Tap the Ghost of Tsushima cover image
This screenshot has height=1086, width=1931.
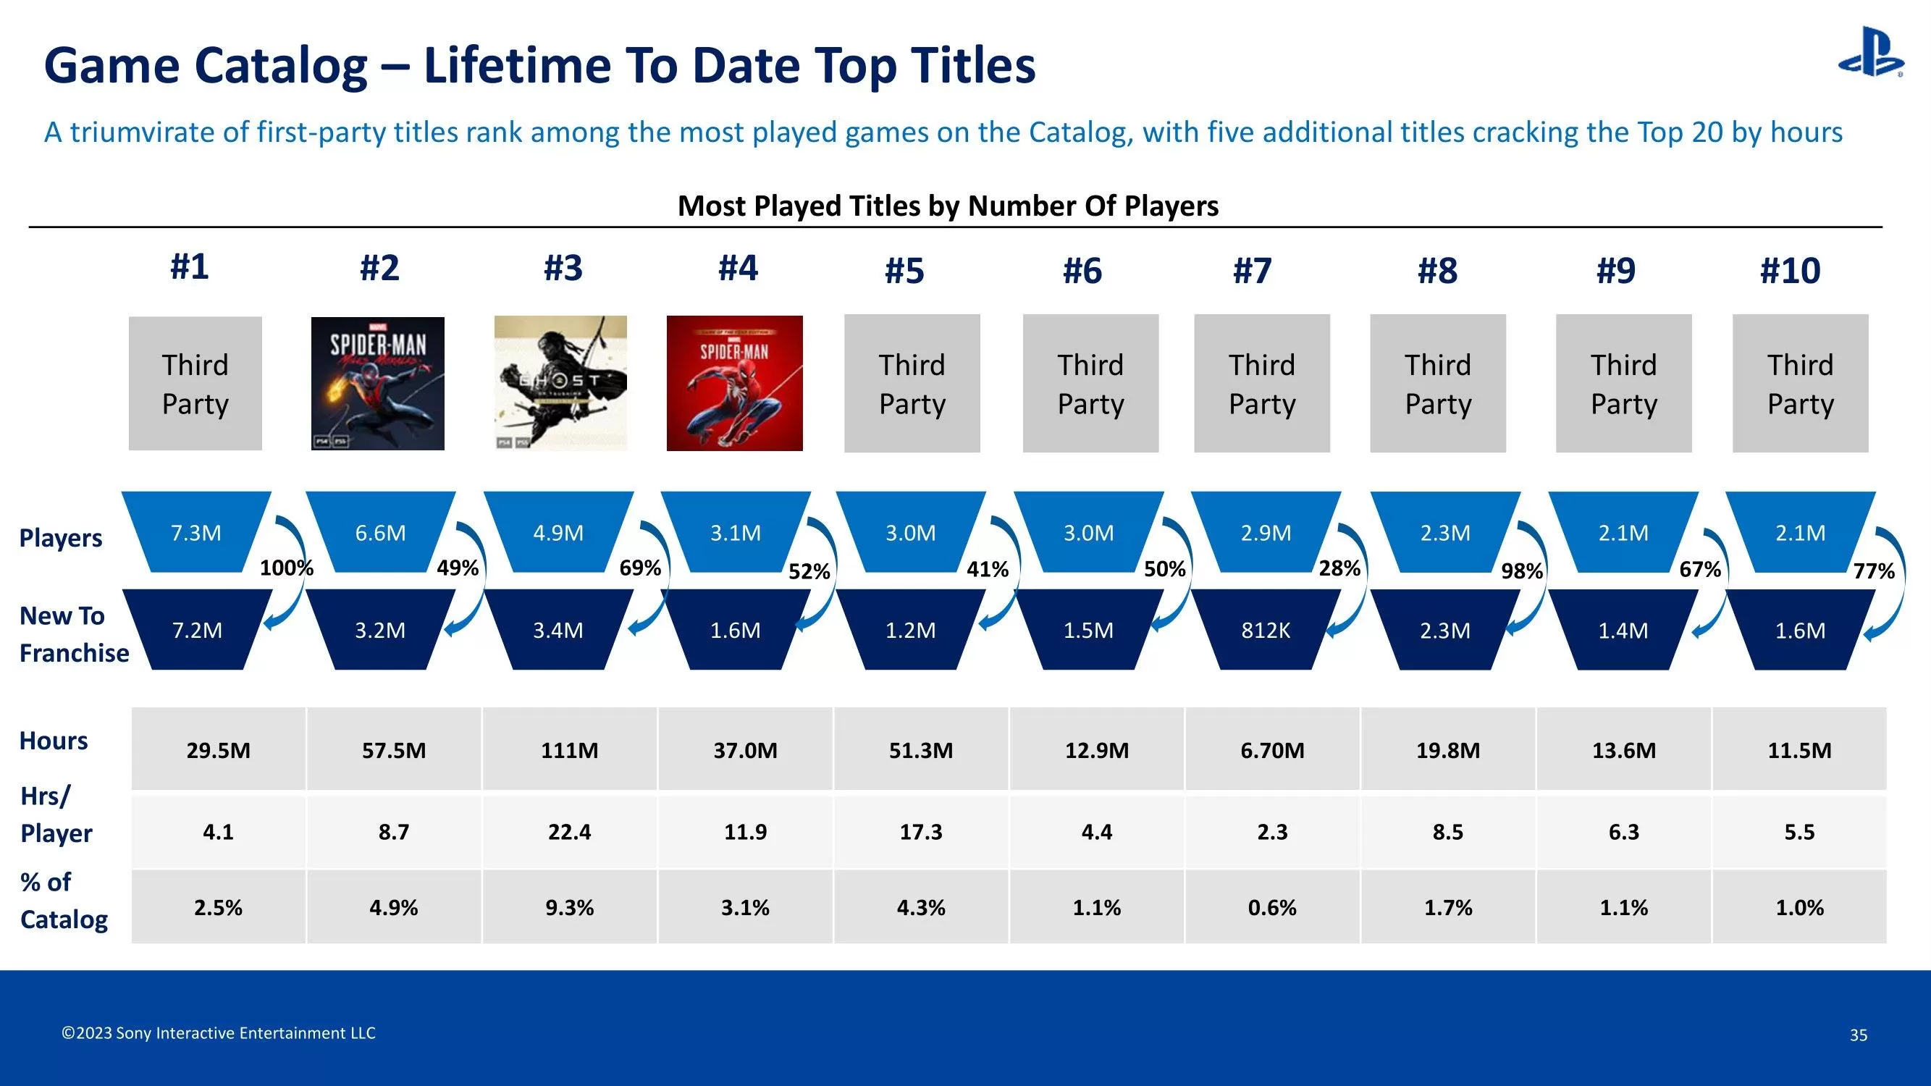(x=560, y=383)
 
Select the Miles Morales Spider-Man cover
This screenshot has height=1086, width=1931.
(x=377, y=383)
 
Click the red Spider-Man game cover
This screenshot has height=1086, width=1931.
(x=734, y=383)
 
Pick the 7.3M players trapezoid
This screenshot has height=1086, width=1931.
(x=195, y=532)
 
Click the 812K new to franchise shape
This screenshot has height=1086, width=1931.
(x=1266, y=630)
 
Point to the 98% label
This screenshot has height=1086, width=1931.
(x=1521, y=571)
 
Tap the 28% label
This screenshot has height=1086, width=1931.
(x=1339, y=568)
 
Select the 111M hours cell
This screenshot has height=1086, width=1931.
(x=569, y=749)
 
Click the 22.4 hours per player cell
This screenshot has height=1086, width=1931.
(x=569, y=831)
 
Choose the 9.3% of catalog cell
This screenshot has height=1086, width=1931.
(x=569, y=907)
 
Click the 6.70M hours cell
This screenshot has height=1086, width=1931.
(x=1271, y=749)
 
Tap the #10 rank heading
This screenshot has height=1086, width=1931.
(x=1789, y=271)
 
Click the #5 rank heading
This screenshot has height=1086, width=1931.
(x=904, y=271)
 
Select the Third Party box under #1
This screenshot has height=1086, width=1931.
(x=195, y=384)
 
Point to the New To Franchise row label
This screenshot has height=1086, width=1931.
(x=72, y=634)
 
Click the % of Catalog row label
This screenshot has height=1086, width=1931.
(x=63, y=900)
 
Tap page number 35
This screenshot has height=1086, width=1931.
(x=1858, y=1035)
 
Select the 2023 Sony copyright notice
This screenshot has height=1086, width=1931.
(x=218, y=1033)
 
